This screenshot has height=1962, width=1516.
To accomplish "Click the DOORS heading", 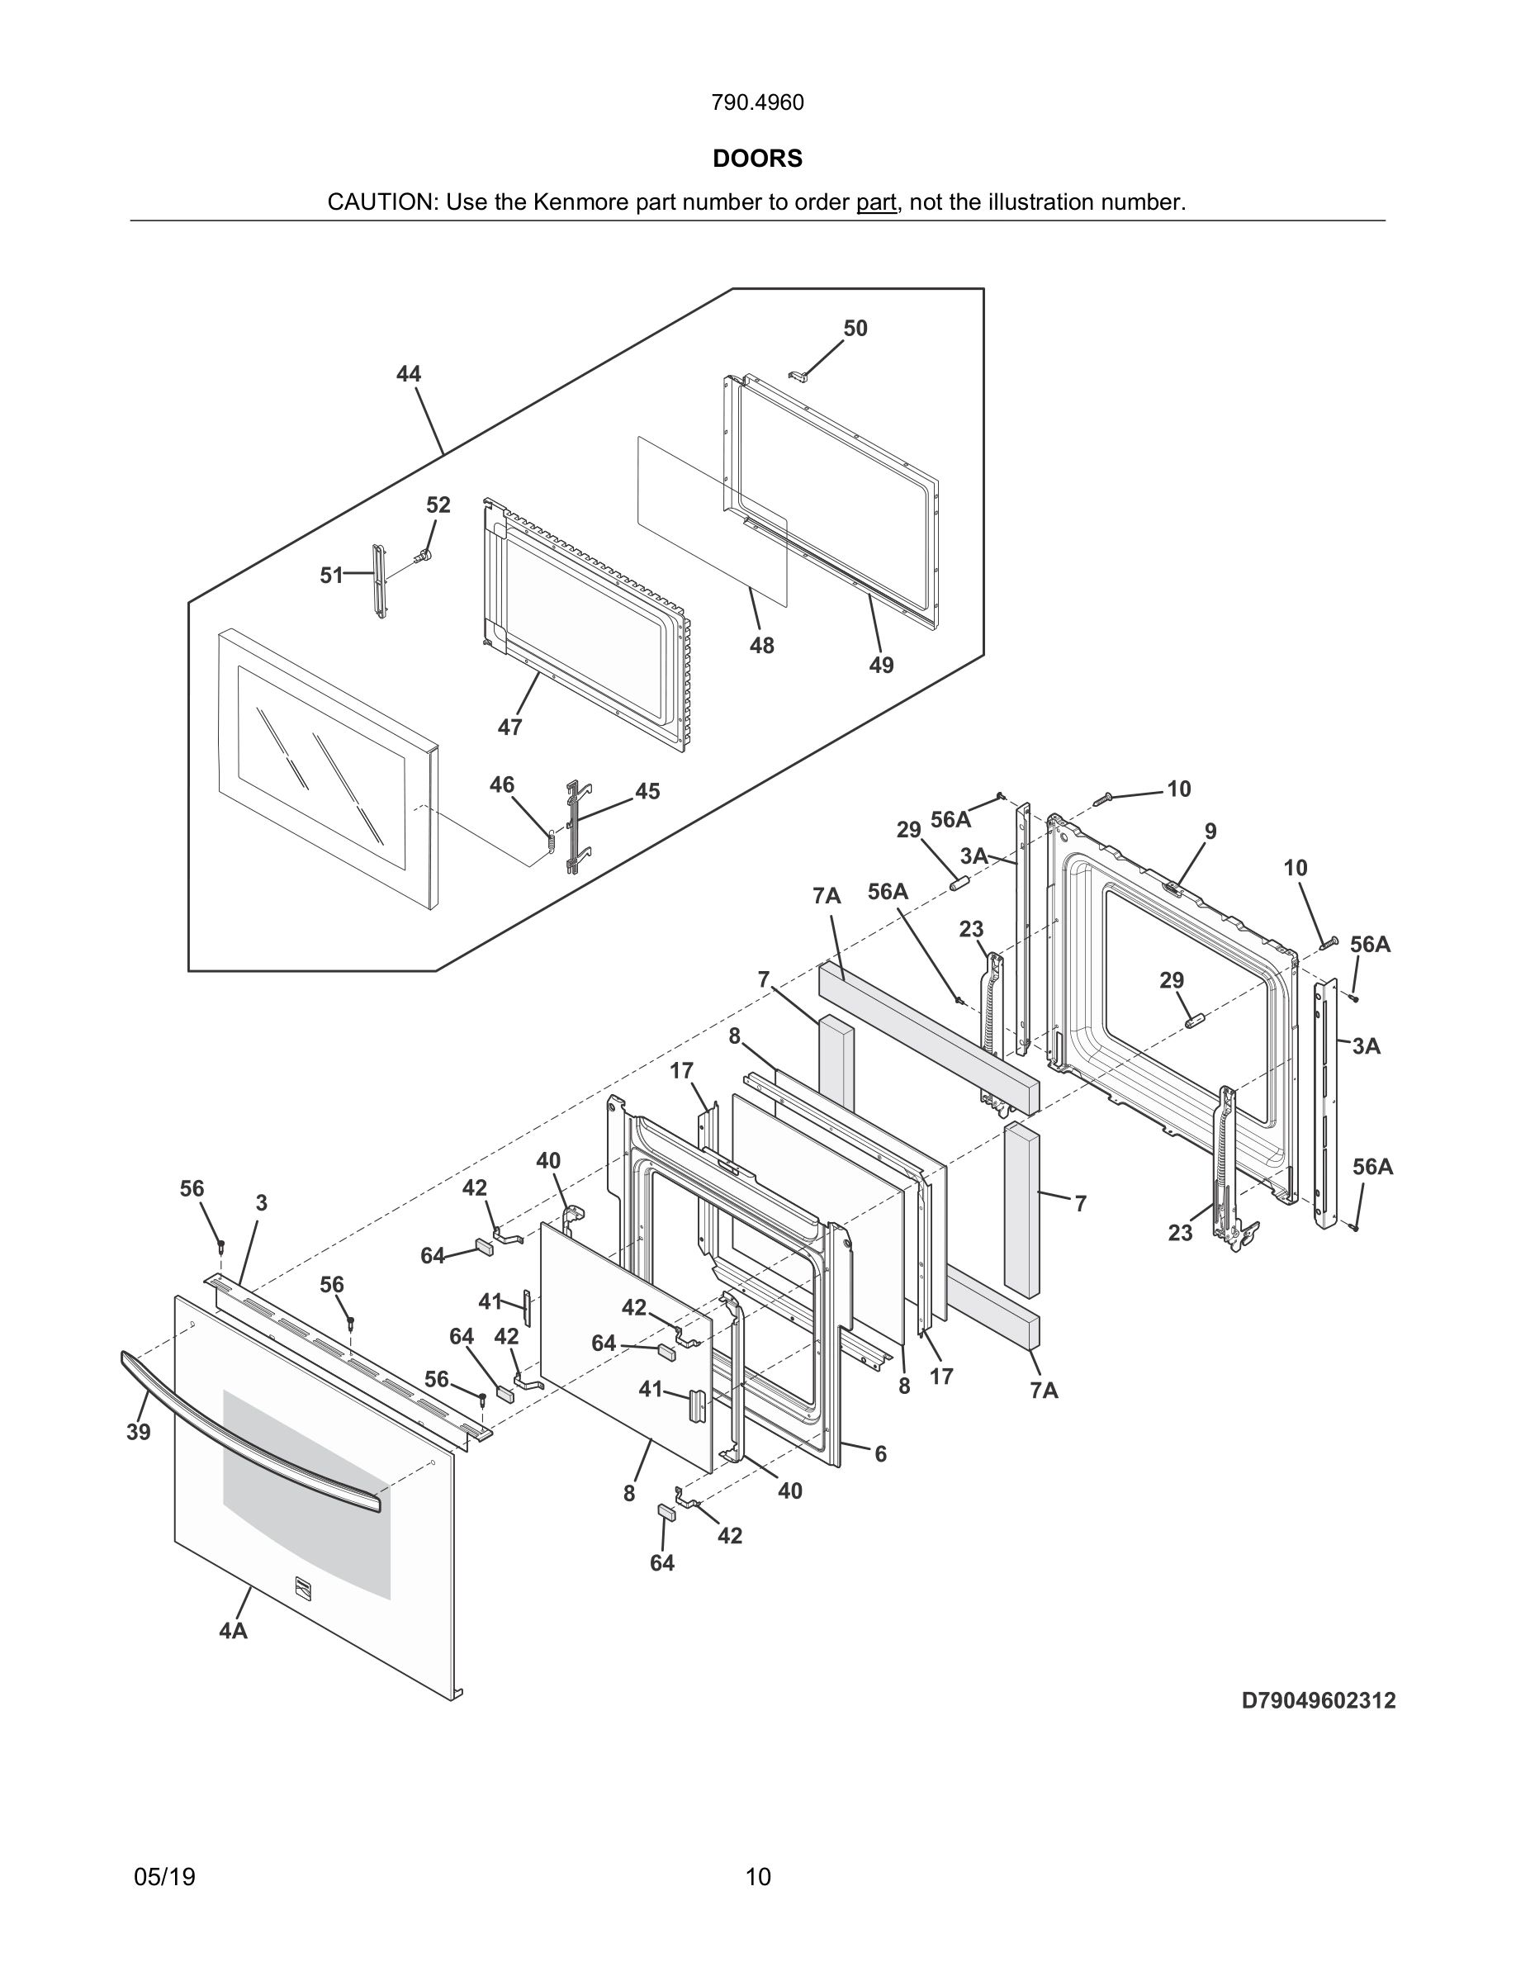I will pos(757,159).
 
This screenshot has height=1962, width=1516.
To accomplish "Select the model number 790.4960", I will pos(757,103).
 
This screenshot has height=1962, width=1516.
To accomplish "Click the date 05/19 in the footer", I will pos(164,1877).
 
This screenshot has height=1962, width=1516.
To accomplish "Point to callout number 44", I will pos(409,374).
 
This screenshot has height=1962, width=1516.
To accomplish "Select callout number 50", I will pos(855,329).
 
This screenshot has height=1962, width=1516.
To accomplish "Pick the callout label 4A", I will pos(233,1631).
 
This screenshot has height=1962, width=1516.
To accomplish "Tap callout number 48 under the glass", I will pos(761,645).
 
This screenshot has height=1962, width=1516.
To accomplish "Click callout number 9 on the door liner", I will pos(1210,832).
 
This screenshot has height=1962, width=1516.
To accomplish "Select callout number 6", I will pos(880,1453).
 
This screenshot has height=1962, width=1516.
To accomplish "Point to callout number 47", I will pos(509,727).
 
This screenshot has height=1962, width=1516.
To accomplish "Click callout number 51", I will pos(331,575).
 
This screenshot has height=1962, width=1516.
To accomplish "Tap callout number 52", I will pos(438,505).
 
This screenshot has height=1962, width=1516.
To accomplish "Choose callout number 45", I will pos(647,791).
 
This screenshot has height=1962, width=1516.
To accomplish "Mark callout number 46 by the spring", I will pos(501,785).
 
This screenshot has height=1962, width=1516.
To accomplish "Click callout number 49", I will pos(881,665).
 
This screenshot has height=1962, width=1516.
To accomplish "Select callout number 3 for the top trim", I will pos(262,1203).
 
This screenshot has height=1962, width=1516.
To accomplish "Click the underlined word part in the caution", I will pos(875,203).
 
